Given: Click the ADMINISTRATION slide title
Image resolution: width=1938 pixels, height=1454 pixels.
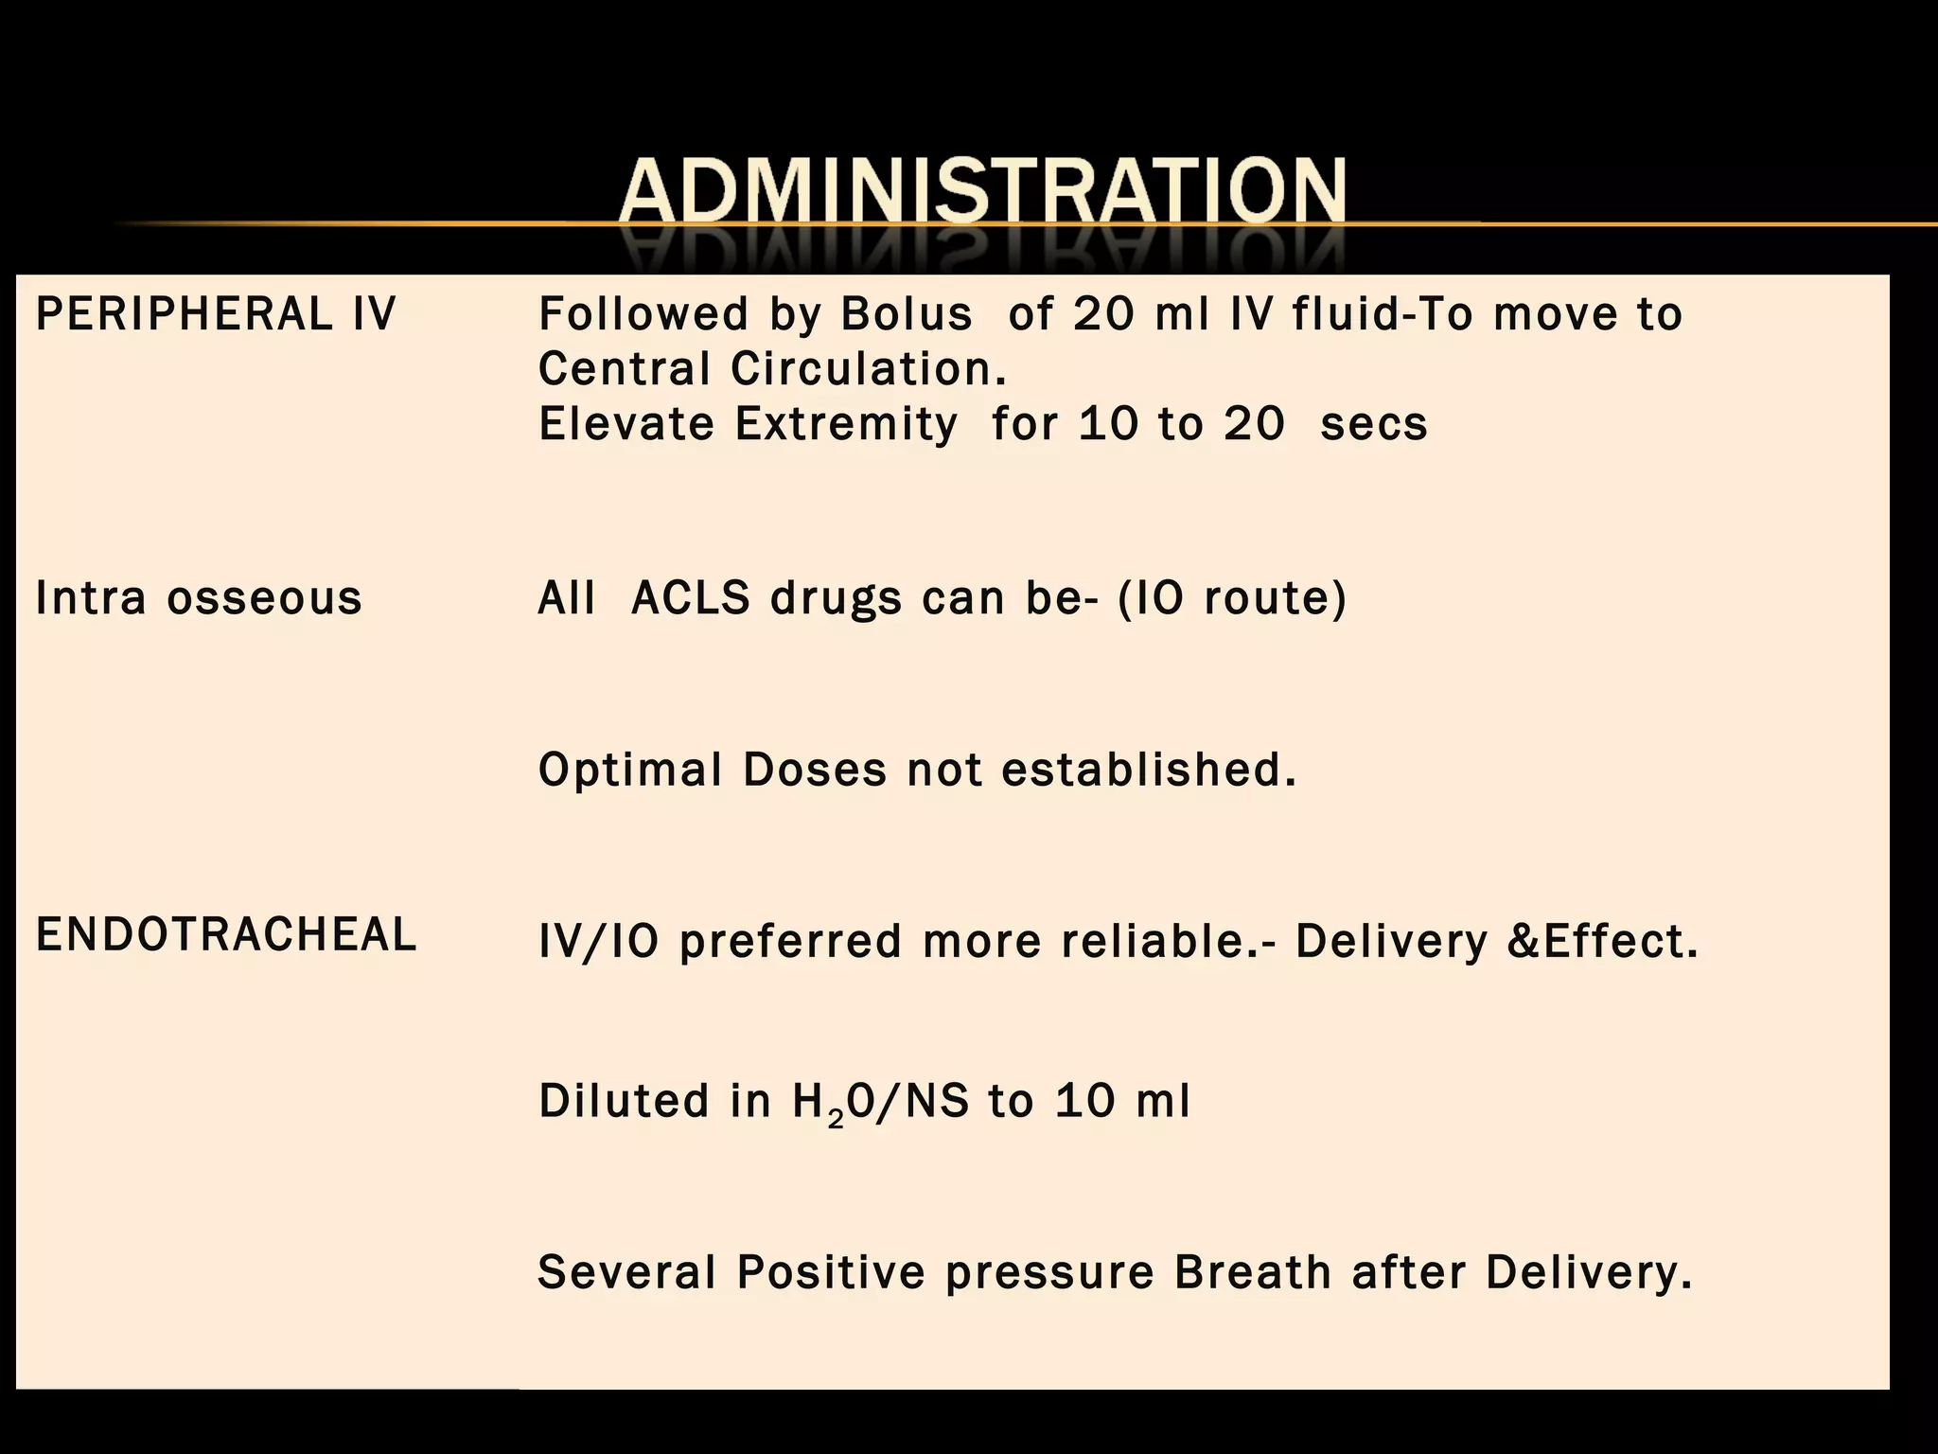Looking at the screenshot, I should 982,191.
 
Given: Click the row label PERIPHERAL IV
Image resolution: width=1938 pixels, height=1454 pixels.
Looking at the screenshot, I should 216,314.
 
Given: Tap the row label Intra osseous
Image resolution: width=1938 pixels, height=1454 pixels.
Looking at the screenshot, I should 199,598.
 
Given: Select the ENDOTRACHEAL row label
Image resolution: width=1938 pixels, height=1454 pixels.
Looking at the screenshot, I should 226,935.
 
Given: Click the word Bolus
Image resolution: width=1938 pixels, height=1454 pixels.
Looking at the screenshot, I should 907,314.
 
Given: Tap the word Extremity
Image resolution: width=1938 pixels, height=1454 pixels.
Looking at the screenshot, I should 847,424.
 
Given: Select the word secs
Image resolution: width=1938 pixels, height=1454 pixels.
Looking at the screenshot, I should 1374,424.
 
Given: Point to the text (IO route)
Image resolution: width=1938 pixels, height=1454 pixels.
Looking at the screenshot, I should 1232,598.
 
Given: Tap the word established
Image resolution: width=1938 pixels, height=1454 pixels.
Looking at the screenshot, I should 1149,770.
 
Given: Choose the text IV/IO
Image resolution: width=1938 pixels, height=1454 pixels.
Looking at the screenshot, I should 598,942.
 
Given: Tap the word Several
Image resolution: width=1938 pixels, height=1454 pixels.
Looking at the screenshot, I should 626,1272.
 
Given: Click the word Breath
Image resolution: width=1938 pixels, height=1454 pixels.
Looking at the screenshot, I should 1253,1272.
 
